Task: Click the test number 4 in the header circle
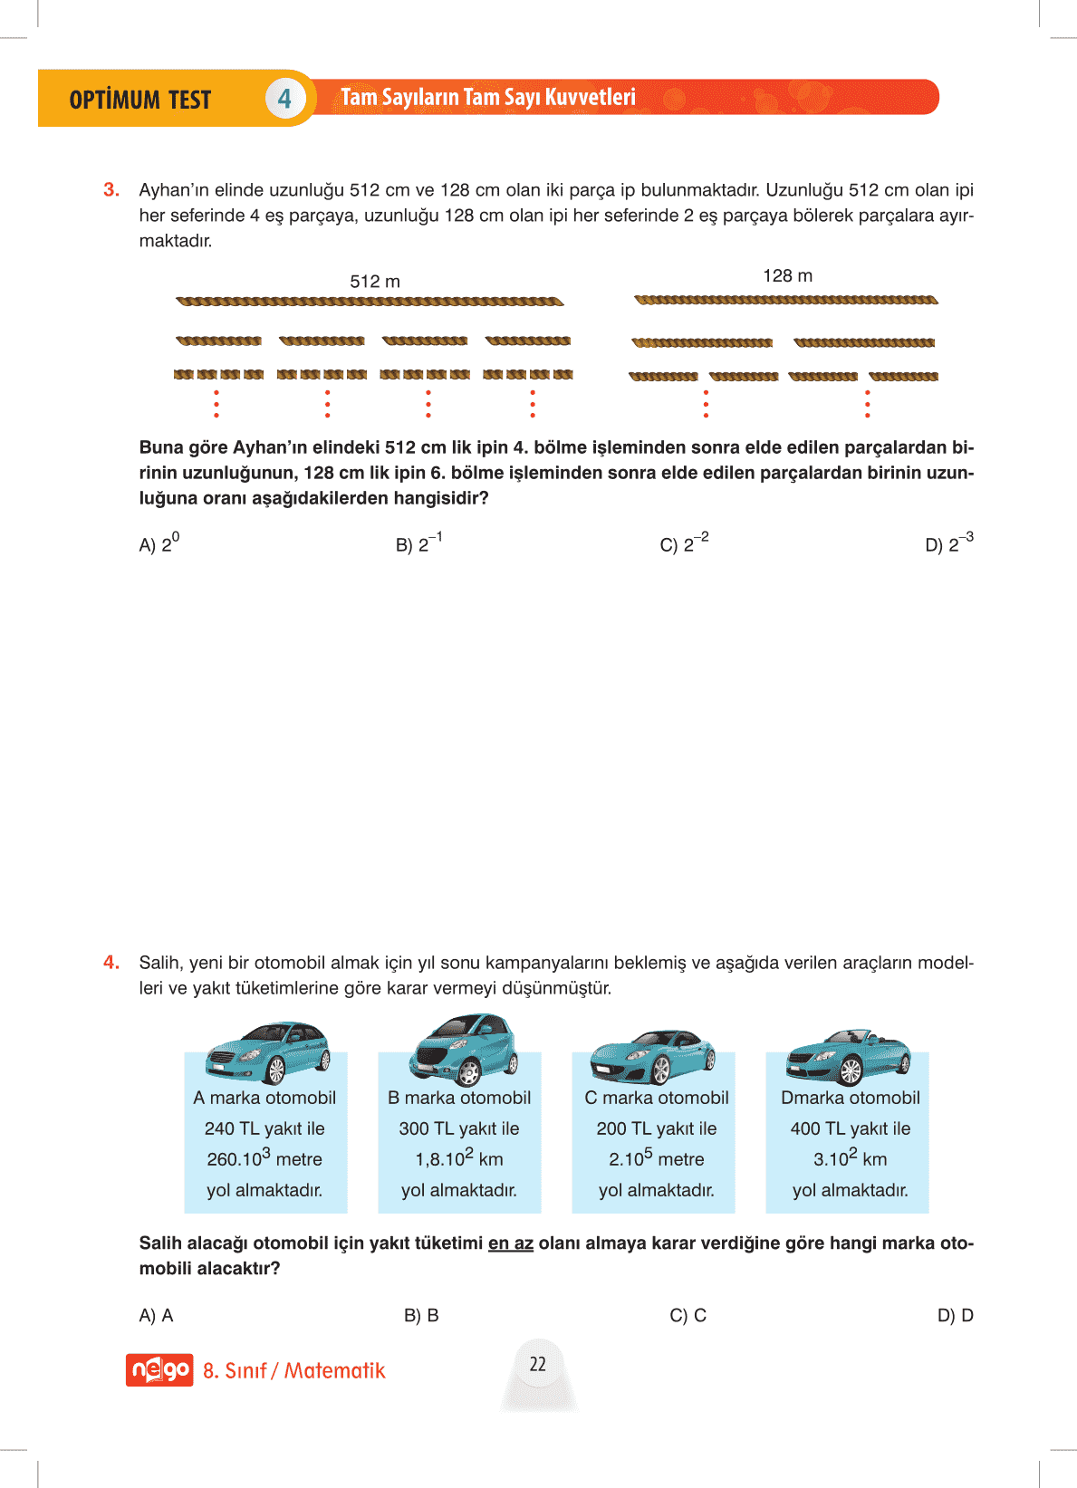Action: (284, 99)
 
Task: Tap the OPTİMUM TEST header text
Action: (140, 100)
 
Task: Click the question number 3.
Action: (111, 190)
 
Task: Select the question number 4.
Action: (111, 963)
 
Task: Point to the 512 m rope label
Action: (375, 282)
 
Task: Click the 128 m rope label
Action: (787, 276)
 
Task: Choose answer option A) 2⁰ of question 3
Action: (159, 543)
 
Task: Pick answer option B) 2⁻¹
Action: (418, 543)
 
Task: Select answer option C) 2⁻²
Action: (684, 543)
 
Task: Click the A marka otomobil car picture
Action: (267, 1052)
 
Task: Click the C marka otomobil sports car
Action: (652, 1055)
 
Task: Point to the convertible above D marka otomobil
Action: (848, 1056)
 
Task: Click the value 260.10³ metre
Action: (264, 1159)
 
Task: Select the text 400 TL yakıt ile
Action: (850, 1128)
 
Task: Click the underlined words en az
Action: (510, 1243)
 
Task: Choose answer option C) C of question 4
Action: (688, 1316)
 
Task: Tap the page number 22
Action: (538, 1364)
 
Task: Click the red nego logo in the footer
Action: (159, 1370)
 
